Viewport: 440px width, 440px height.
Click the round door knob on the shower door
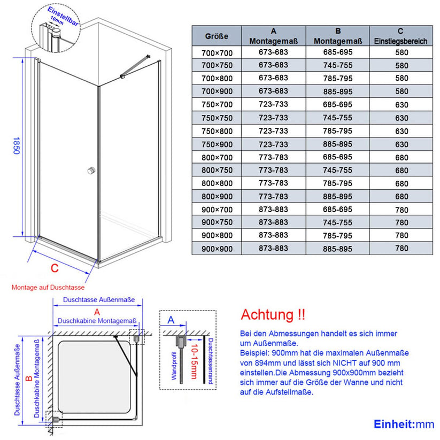90,170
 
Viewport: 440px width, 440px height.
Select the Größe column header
217,36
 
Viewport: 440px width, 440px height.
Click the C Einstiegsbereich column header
401,36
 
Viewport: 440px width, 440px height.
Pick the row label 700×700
217,52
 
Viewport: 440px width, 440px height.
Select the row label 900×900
217,249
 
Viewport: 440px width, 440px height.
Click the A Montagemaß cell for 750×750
274,118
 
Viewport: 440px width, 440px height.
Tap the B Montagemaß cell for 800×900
337,196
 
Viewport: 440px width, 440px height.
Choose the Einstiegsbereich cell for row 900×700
401,210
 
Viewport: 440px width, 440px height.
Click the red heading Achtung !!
273,314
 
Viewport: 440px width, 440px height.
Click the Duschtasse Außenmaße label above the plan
98,300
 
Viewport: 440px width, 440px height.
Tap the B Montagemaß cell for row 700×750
337,66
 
